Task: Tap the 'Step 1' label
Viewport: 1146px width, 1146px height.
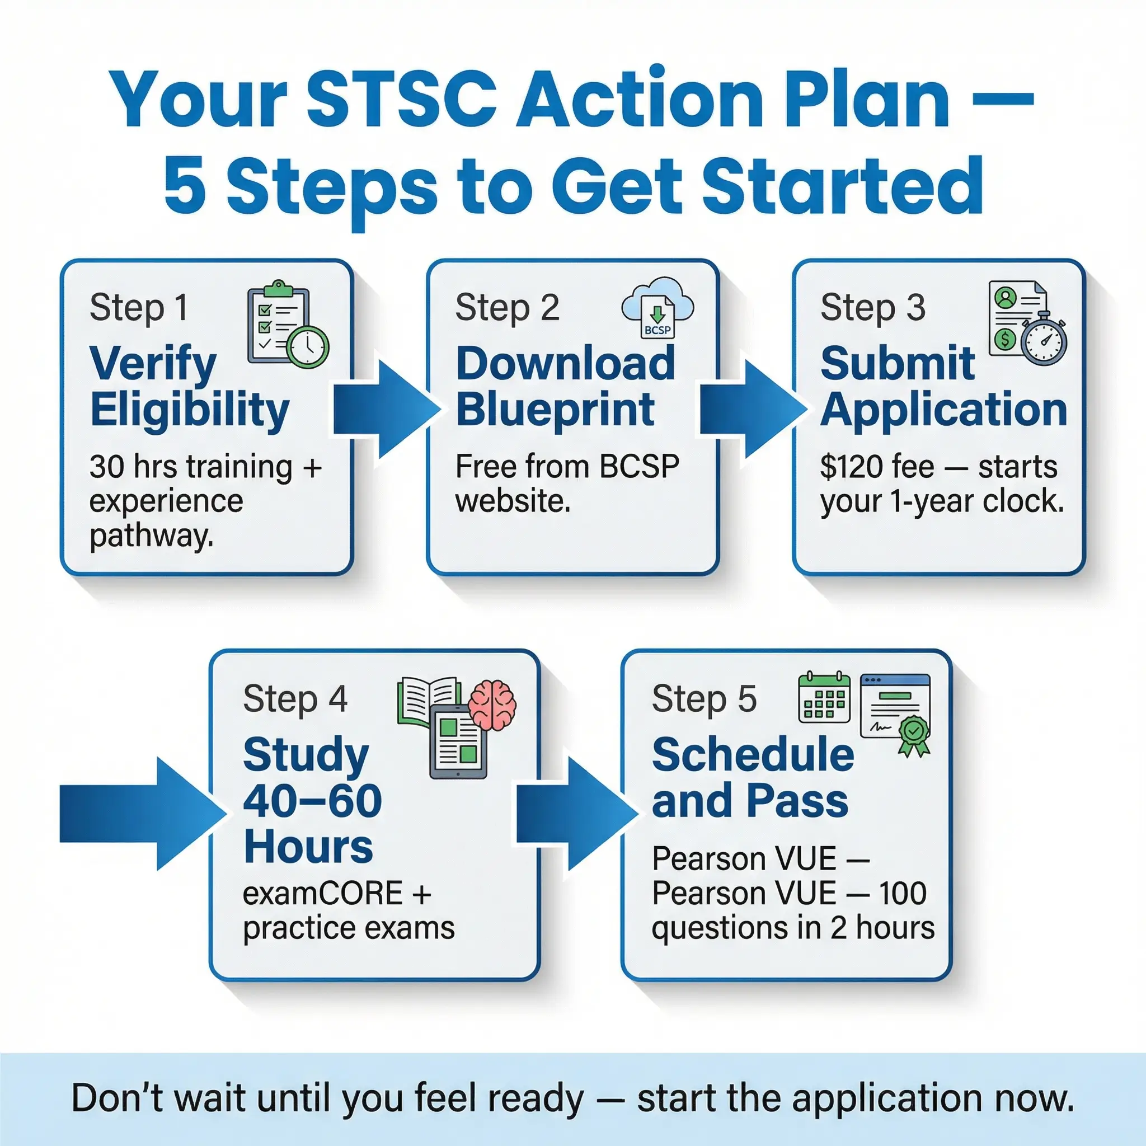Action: tap(139, 308)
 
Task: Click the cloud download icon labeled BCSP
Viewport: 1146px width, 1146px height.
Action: tap(657, 307)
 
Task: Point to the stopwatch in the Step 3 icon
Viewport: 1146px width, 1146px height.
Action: tap(1044, 339)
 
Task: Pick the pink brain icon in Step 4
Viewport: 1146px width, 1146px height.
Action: tap(492, 704)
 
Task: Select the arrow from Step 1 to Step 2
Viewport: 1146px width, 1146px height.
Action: tap(387, 408)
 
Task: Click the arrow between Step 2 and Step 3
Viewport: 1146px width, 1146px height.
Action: tap(753, 408)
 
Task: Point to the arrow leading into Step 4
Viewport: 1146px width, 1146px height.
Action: tap(143, 813)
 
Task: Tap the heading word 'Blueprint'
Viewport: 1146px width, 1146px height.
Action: tap(555, 410)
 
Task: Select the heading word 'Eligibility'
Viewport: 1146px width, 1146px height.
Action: tap(190, 410)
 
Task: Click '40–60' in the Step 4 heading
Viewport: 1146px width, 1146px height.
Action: tap(313, 801)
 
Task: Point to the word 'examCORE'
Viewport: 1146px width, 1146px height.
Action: tap(323, 893)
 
